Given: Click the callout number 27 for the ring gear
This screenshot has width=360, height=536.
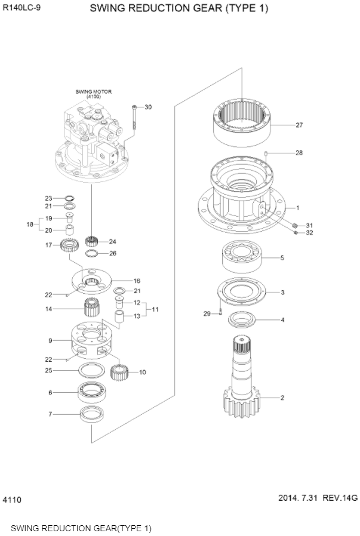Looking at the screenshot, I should (299, 125).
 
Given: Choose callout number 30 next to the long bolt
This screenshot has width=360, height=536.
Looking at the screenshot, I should (147, 107).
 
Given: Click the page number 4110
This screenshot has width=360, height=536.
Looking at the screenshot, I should (12, 499).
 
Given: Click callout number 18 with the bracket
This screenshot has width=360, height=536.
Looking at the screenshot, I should (30, 224).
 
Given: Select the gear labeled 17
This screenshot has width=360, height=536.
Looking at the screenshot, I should (70, 245).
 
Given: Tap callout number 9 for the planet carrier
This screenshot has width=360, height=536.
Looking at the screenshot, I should (51, 341).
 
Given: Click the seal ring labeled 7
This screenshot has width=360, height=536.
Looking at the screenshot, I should (91, 413).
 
